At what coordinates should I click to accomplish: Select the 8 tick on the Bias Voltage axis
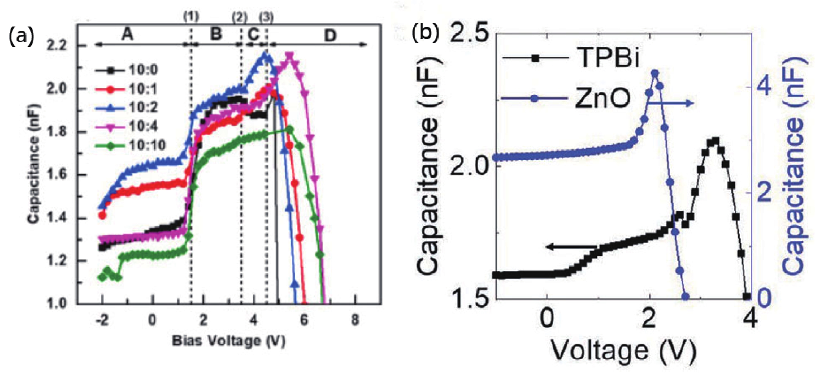click(355, 320)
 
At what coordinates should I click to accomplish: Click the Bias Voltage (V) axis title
click(229, 341)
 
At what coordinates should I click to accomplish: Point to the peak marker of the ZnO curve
click(655, 73)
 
